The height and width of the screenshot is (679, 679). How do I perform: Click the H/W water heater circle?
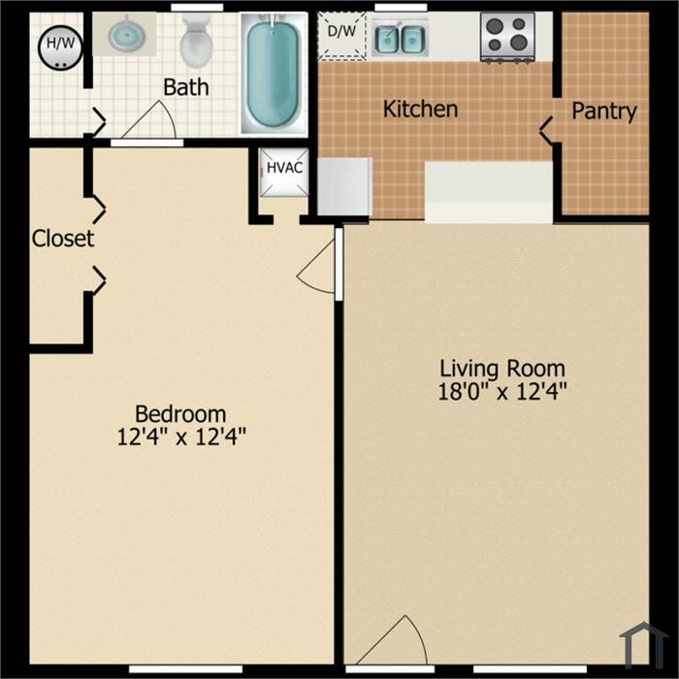point(60,48)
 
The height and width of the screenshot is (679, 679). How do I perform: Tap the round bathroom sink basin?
point(125,34)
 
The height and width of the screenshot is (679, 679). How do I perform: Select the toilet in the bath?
point(196,41)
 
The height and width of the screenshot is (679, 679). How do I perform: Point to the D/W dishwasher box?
point(342,36)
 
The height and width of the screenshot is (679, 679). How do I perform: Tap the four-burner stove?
point(507,38)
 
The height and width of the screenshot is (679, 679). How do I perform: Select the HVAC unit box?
point(284,173)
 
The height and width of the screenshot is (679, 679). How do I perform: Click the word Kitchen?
point(420,109)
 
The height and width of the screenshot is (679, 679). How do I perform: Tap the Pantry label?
point(604,112)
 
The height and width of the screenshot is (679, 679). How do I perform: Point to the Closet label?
point(63,239)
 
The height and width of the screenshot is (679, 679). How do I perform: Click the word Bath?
point(186,87)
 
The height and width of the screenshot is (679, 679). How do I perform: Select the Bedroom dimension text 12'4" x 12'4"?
point(181,436)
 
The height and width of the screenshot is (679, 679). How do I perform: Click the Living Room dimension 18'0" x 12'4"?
point(502,392)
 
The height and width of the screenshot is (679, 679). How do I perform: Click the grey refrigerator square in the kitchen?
point(344,186)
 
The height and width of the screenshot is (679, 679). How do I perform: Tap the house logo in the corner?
point(644,642)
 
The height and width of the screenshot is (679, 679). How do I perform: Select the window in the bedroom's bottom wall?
point(186,669)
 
